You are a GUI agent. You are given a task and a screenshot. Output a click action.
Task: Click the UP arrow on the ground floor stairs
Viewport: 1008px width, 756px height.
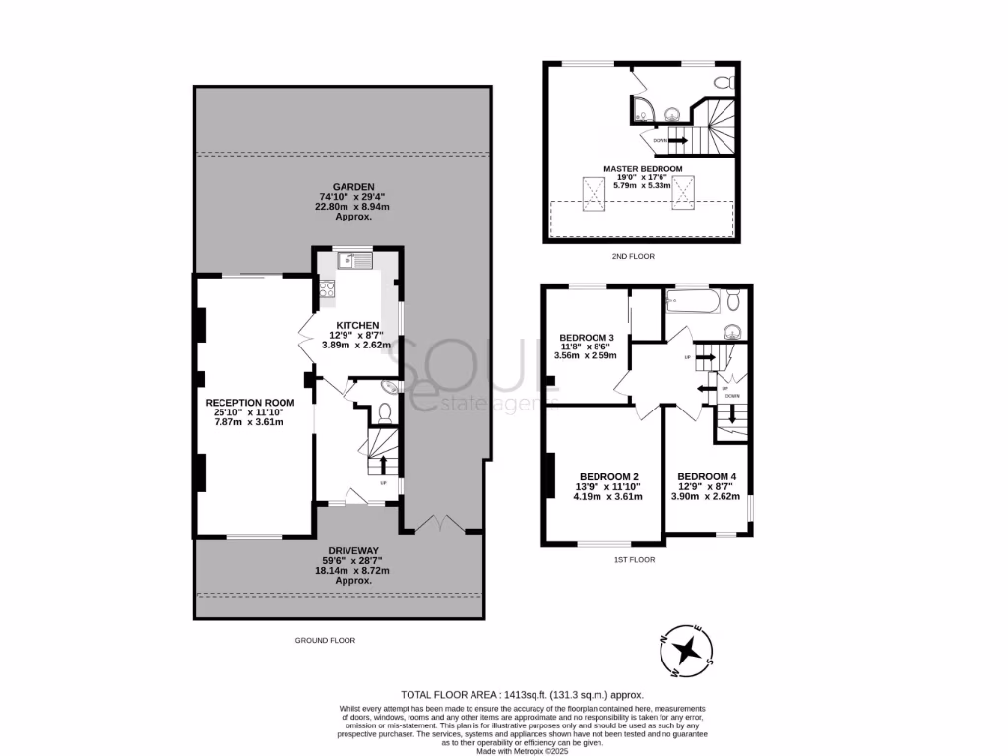[x=383, y=464]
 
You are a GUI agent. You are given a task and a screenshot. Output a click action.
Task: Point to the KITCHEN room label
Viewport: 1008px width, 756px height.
[x=357, y=325]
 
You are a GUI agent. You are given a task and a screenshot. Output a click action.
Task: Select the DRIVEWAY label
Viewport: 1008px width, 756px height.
[x=354, y=550]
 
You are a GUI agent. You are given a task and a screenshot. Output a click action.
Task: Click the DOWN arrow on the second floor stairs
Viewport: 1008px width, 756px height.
[x=677, y=140]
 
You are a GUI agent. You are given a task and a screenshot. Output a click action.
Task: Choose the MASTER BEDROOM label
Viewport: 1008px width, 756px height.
[x=642, y=168]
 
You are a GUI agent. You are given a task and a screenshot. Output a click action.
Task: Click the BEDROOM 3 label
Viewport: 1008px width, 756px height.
[x=587, y=336]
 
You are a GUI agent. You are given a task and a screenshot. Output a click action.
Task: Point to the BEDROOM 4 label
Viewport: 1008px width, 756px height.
[x=707, y=476]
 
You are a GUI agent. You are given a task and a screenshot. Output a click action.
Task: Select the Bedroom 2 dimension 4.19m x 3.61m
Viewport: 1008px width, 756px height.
[x=607, y=497]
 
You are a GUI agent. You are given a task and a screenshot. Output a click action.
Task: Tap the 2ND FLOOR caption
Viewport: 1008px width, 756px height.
[x=632, y=256]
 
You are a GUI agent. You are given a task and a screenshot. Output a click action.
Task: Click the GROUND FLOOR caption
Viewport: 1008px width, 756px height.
[x=325, y=640]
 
